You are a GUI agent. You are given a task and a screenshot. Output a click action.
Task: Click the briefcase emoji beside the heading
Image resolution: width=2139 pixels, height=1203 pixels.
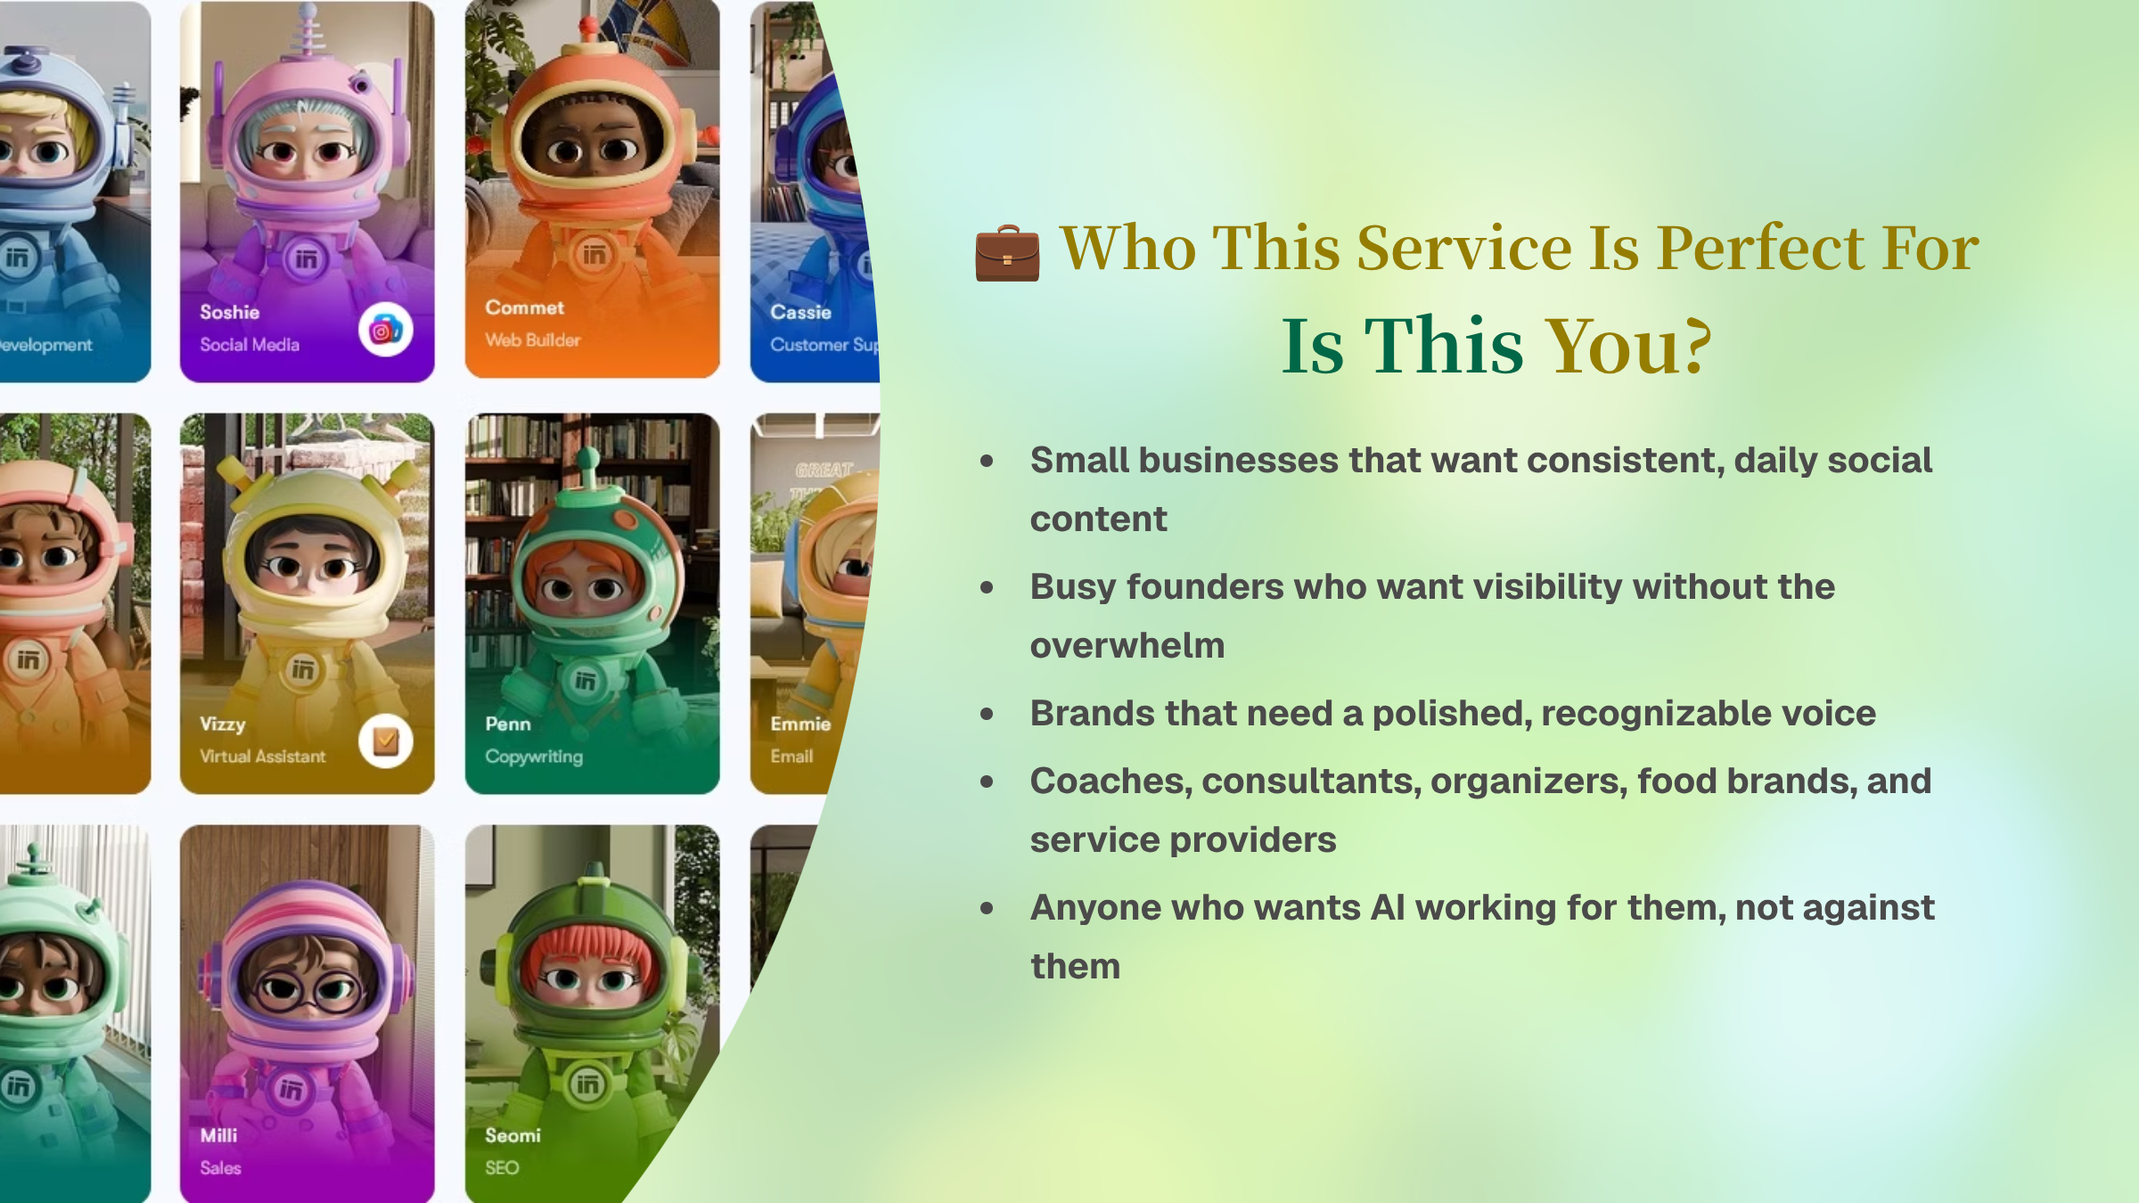coord(1007,253)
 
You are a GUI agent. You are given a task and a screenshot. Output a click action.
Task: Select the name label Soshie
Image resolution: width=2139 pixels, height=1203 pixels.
coord(230,312)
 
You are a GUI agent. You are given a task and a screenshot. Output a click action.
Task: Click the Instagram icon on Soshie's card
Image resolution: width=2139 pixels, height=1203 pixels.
coord(385,331)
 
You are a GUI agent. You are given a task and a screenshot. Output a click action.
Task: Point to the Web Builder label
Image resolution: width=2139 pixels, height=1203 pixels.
coord(533,340)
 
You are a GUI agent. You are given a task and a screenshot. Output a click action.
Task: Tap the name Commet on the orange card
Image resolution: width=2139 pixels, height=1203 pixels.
coord(525,307)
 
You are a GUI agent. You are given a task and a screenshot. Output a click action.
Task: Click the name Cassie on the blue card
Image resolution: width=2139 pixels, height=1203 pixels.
coord(801,312)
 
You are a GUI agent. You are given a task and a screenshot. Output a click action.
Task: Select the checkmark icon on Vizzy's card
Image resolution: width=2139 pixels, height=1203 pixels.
coord(385,741)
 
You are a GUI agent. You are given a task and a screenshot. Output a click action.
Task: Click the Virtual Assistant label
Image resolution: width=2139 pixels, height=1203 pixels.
coord(263,757)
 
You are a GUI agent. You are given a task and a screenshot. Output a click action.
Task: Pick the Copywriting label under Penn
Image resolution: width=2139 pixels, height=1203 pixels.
coord(534,757)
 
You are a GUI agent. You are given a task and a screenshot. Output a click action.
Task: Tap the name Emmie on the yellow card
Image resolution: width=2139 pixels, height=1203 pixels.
coord(800,724)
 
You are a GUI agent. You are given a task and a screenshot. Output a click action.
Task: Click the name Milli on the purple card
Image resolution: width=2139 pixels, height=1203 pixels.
coord(219,1135)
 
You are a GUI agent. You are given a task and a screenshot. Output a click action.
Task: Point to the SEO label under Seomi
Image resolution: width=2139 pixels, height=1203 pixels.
coord(502,1168)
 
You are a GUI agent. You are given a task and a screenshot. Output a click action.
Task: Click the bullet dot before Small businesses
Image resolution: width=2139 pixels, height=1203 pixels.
coord(987,461)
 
